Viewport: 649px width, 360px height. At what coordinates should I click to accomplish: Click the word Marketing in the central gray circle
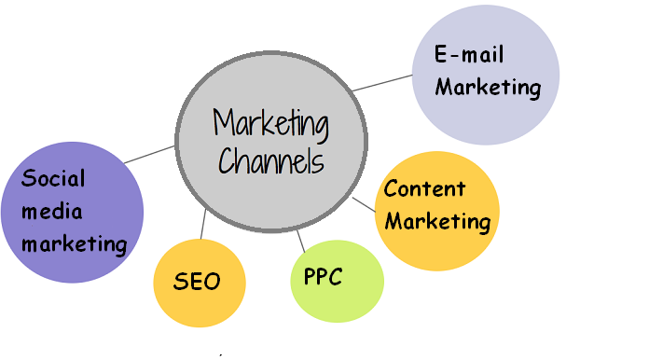click(x=271, y=123)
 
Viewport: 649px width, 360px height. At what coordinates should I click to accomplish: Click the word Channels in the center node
click(x=271, y=160)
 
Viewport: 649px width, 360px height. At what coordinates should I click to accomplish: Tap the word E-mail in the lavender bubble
click(x=469, y=54)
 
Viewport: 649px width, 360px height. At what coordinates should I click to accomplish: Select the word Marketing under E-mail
click(x=488, y=88)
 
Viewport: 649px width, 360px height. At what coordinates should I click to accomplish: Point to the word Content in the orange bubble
click(x=424, y=189)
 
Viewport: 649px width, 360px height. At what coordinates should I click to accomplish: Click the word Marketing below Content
click(x=437, y=222)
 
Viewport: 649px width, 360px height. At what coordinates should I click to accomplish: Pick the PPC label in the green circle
click(x=324, y=277)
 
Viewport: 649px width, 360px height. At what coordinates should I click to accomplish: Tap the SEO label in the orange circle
click(x=197, y=281)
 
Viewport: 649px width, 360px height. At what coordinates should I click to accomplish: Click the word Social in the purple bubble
click(x=53, y=177)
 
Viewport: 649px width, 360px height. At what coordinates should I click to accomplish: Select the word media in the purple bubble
click(x=52, y=211)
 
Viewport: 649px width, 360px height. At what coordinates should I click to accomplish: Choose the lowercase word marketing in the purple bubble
click(x=75, y=244)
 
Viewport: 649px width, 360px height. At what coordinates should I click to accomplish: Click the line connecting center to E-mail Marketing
click(x=382, y=83)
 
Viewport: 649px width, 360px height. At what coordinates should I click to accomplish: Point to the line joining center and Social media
click(x=149, y=155)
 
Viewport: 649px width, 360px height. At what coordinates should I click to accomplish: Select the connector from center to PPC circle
click(x=301, y=239)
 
